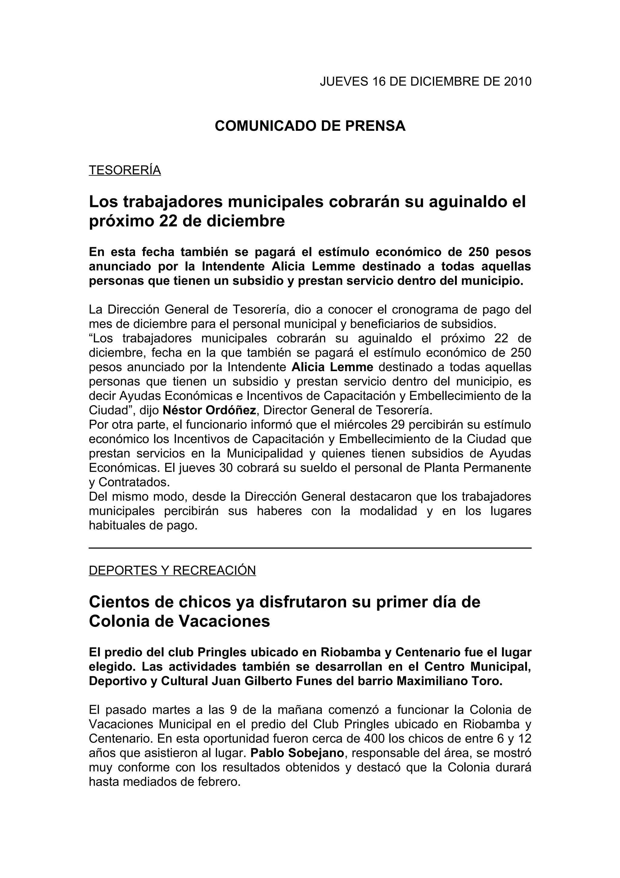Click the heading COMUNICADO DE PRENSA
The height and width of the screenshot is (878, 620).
point(310,126)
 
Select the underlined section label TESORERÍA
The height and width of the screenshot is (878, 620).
point(125,170)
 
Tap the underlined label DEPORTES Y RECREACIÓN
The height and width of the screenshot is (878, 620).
point(172,570)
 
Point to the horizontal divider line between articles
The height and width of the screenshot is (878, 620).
point(310,548)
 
